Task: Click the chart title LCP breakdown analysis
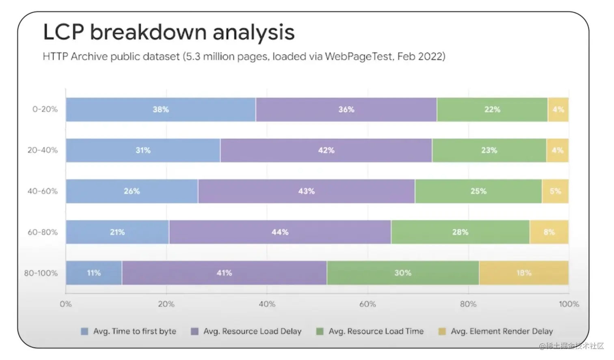169,32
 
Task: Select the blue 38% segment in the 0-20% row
161,110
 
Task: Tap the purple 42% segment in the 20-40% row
326,151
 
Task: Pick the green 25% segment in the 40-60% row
478,191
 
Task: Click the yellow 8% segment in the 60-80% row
549,232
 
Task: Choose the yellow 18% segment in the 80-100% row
524,273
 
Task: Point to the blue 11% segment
94,273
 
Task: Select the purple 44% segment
280,232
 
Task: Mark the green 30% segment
403,273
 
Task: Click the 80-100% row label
41,273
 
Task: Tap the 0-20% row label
45,109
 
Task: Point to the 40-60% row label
43,191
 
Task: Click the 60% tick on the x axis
368,304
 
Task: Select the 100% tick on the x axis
569,304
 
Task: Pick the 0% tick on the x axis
66,304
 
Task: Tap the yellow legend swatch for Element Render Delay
442,332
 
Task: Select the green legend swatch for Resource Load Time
320,332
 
